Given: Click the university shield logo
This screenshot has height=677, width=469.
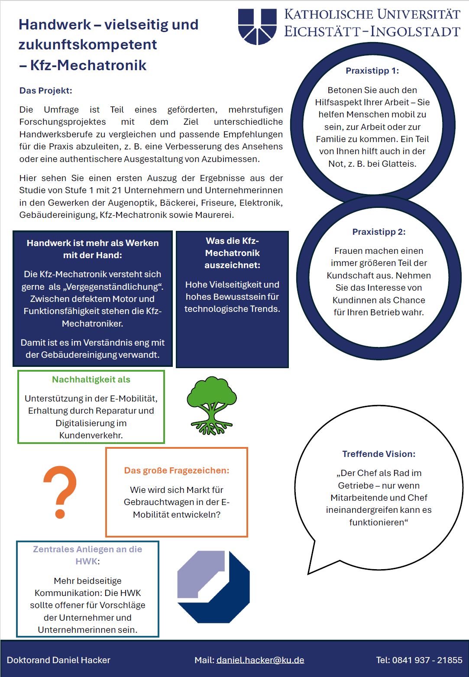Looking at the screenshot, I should [x=257, y=26].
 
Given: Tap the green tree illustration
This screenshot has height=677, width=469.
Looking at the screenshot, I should [x=212, y=405].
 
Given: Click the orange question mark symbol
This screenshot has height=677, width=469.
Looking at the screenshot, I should [x=60, y=492].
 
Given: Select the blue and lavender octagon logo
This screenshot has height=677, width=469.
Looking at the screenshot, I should [x=213, y=586].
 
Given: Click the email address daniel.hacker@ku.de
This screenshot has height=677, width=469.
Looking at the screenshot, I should [x=260, y=660].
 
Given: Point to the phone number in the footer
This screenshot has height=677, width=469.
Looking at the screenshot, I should [x=427, y=660].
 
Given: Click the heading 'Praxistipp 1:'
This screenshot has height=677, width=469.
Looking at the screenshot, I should [x=372, y=71].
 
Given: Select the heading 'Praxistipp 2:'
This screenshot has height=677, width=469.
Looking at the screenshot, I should [x=379, y=232].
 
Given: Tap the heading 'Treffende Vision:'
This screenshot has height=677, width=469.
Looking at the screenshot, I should [x=379, y=454].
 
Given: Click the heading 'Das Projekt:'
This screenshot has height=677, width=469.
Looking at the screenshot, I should [x=46, y=91].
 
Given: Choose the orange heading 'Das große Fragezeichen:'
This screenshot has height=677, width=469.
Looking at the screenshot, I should [x=177, y=470].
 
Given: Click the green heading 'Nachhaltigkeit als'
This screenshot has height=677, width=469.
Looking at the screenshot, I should [x=91, y=379].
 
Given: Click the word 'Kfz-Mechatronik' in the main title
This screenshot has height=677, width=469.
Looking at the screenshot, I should [x=88, y=65].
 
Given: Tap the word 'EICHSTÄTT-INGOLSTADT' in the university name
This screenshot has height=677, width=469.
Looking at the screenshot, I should [x=372, y=32].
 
